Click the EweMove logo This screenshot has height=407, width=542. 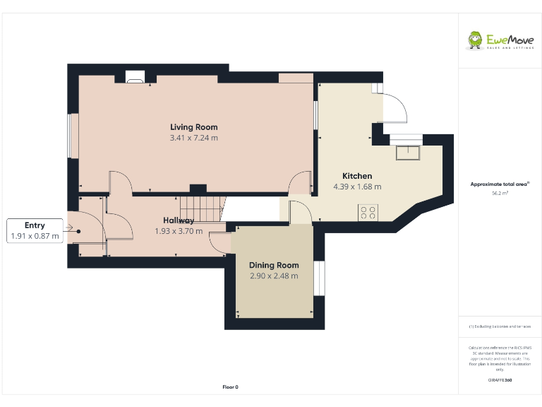click(x=499, y=40)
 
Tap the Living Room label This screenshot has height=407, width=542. click(x=193, y=127)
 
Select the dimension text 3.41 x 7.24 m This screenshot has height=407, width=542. click(x=193, y=138)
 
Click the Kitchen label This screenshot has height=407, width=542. click(x=357, y=176)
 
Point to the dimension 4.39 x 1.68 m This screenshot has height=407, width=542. click(x=357, y=187)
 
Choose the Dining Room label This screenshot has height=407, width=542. click(x=274, y=266)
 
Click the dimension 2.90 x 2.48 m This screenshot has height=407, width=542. click(x=274, y=276)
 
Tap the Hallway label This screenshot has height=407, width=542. click(x=179, y=220)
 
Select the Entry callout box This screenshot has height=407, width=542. click(x=35, y=231)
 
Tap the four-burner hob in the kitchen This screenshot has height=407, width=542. click(x=368, y=211)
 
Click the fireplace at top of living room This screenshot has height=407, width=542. click(x=135, y=77)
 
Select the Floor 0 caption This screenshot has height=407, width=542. click(x=231, y=387)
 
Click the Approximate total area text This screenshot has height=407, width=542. click(x=500, y=184)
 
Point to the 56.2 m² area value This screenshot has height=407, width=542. click(x=500, y=192)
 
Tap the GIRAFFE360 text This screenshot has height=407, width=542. click(x=500, y=381)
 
